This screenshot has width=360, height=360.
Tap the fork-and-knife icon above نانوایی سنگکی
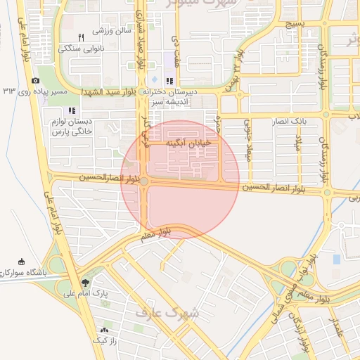[81, 37]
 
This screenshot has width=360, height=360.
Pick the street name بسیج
[295, 24]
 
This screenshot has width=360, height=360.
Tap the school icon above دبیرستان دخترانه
[169, 80]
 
